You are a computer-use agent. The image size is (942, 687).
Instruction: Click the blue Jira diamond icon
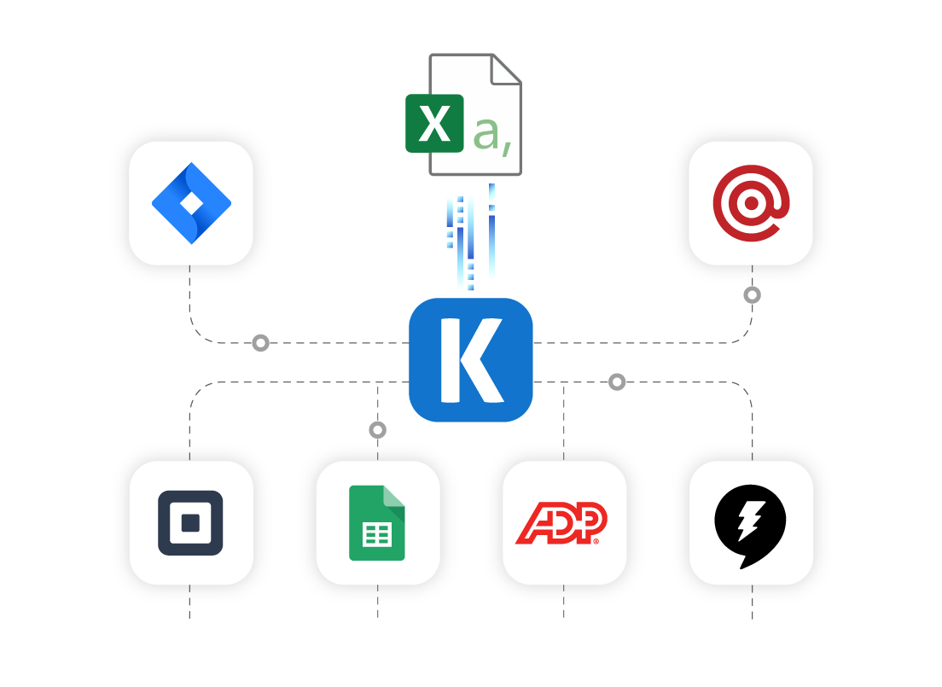click(191, 203)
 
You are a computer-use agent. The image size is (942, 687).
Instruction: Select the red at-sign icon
click(751, 203)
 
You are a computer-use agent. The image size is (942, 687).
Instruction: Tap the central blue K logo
click(471, 360)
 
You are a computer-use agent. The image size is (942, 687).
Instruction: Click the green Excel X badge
click(434, 124)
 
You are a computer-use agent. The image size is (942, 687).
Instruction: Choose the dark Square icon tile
click(190, 523)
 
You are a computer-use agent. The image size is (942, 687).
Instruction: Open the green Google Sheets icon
click(377, 523)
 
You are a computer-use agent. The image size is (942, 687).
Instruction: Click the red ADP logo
click(561, 523)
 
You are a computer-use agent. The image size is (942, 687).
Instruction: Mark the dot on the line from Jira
click(261, 343)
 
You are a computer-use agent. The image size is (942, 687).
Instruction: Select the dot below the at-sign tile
click(752, 295)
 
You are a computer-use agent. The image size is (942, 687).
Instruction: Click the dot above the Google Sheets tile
click(378, 430)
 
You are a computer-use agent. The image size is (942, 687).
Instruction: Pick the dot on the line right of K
click(617, 382)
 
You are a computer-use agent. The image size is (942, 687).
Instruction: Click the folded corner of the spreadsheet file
click(506, 68)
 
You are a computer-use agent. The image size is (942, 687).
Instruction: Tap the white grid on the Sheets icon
click(377, 535)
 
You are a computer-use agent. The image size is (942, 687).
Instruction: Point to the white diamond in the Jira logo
click(192, 203)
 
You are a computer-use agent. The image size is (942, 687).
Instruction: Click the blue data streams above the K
click(469, 239)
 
